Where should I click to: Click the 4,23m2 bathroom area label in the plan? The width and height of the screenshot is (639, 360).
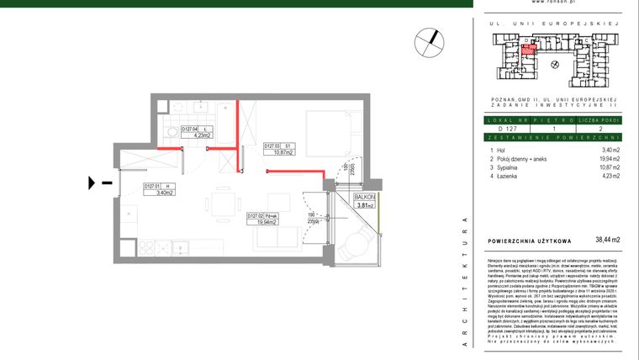(x=194, y=132)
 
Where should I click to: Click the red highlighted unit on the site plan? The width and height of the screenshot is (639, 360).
(x=528, y=49)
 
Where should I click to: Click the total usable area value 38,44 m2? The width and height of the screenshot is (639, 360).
(x=607, y=240)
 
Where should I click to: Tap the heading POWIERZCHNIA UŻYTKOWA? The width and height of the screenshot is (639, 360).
(x=530, y=241)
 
